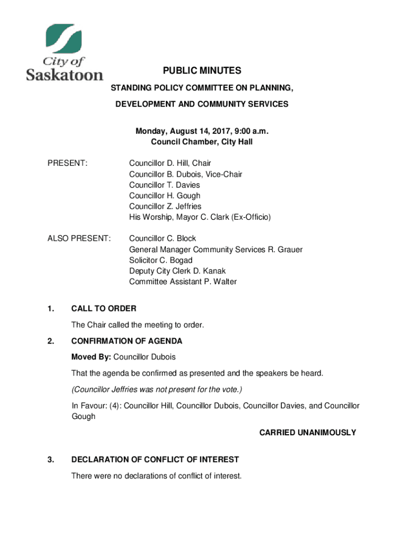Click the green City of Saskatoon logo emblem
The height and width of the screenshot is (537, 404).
pyautogui.click(x=64, y=40)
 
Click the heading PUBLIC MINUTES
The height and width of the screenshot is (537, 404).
pyautogui.click(x=201, y=70)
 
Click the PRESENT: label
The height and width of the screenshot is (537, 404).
pyautogui.click(x=67, y=163)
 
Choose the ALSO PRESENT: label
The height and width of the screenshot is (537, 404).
pyautogui.click(x=79, y=239)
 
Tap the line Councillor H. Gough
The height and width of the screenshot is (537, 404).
pyautogui.click(x=165, y=196)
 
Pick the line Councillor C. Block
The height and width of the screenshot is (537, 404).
pyautogui.click(x=163, y=239)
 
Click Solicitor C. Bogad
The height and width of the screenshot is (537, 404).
pyautogui.click(x=161, y=260)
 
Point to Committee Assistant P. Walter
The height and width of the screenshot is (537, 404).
pyautogui.click(x=183, y=282)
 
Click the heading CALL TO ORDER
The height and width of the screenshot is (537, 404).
pyautogui.click(x=104, y=308)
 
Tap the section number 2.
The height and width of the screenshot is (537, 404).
pyautogui.click(x=50, y=341)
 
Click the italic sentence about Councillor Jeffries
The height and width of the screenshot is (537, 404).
pyautogui.click(x=157, y=389)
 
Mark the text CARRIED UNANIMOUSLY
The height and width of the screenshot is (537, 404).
pyautogui.click(x=307, y=433)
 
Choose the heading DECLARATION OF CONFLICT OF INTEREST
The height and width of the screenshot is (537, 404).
pyautogui.click(x=155, y=459)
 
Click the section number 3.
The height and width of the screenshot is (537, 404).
pyautogui.click(x=50, y=459)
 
